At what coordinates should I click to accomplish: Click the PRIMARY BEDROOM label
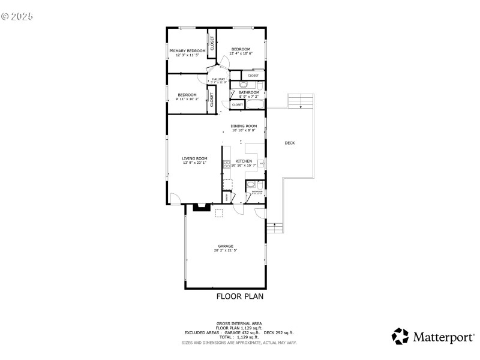tap(187, 50)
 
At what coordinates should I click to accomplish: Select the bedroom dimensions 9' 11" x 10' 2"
tap(187, 98)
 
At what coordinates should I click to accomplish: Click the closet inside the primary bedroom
tap(212, 43)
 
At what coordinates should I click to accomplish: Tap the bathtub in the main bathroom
tap(254, 105)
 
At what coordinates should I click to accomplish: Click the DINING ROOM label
tap(244, 126)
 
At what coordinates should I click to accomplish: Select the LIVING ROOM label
tap(195, 158)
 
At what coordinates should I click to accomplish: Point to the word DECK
tap(290, 143)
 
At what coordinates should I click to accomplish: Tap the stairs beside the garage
tap(274, 228)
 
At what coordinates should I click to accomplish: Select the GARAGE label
tap(225, 246)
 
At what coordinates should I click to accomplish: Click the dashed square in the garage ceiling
tap(219, 212)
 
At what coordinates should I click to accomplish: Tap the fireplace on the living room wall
tap(199, 208)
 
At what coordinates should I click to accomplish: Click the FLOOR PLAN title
tap(239, 296)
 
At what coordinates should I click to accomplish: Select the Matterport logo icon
tap(400, 337)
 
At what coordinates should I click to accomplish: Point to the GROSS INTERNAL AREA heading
tap(239, 323)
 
